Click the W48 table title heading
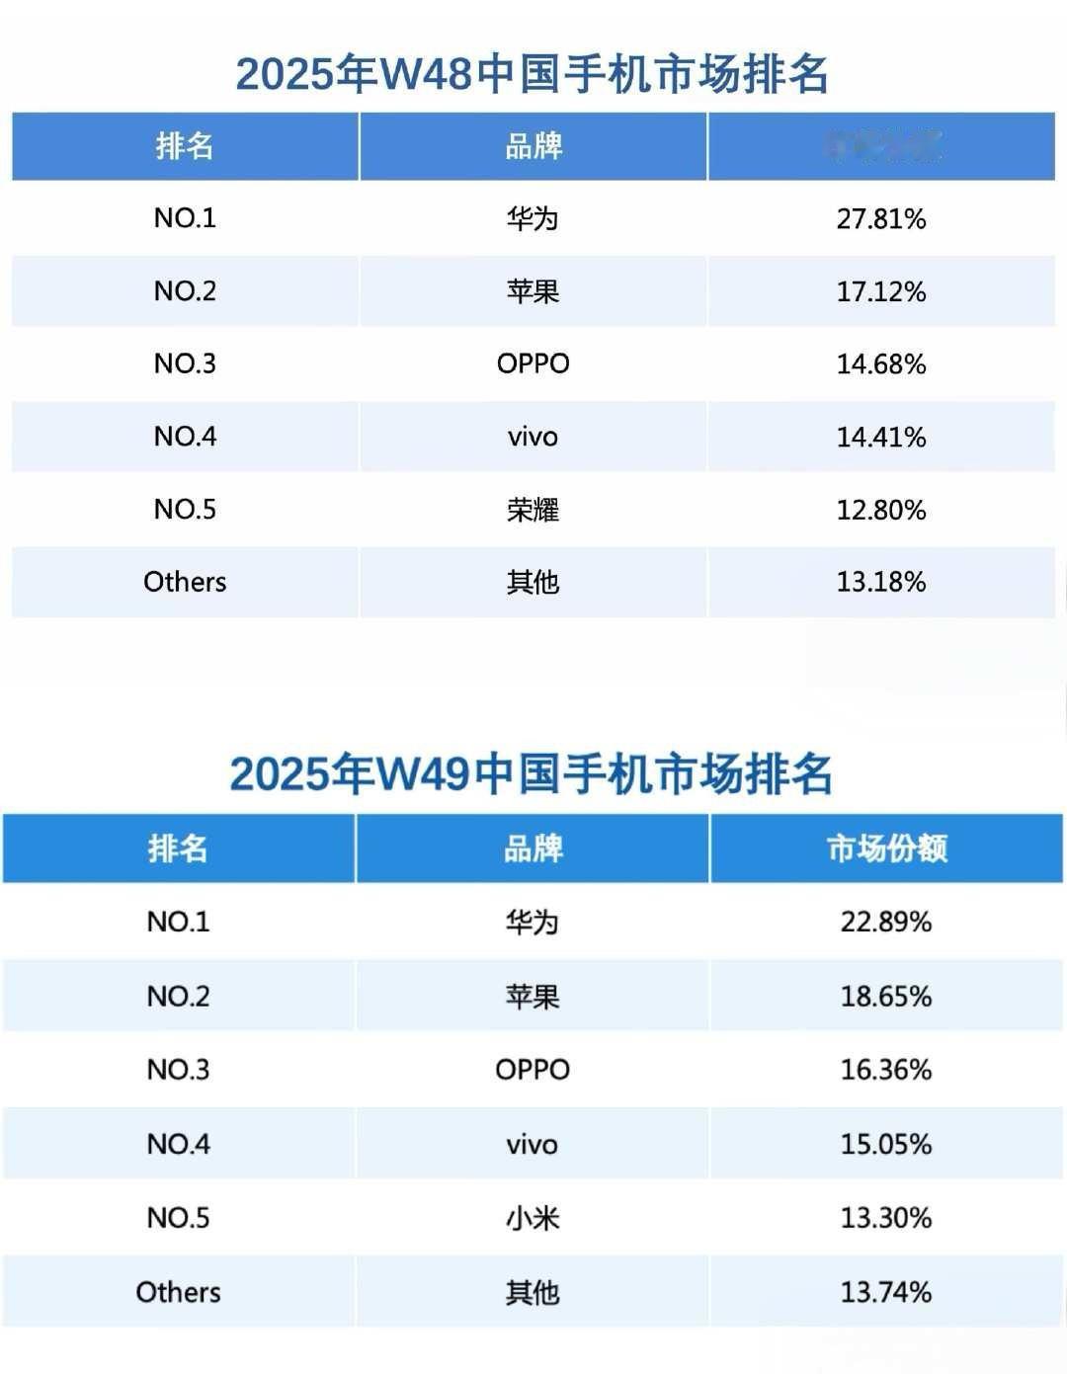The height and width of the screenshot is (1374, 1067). coord(533,74)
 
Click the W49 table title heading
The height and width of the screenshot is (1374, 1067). coord(533,773)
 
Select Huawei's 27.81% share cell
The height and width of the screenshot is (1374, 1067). coord(881,218)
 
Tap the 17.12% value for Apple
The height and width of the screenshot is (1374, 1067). coord(881,291)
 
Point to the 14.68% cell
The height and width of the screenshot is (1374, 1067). coord(881,364)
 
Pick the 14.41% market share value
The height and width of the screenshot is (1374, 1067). coord(881,437)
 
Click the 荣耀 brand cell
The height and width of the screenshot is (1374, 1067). coord(533,510)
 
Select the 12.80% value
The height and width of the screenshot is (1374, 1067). coord(881,510)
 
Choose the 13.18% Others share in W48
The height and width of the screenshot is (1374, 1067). coord(881,582)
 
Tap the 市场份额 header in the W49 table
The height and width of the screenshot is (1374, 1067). coord(886,849)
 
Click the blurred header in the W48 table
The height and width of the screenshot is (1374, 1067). coord(881,146)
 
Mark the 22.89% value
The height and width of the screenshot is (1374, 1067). coord(886,922)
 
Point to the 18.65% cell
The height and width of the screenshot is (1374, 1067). coord(886,996)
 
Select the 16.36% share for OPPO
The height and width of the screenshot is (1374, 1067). coord(886,1070)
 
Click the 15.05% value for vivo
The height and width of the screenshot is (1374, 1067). coord(886,1144)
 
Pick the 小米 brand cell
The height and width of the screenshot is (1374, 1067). coord(533,1218)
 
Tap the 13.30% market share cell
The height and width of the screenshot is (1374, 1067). coord(886,1218)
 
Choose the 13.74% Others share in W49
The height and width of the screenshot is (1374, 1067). coord(886,1292)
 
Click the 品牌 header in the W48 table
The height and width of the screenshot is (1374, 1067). coord(533,146)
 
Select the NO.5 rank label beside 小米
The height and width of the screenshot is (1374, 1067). coord(178,1218)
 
